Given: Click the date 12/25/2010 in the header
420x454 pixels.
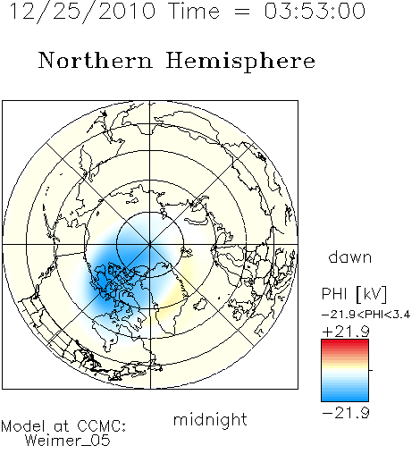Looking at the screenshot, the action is pyautogui.click(x=82, y=12).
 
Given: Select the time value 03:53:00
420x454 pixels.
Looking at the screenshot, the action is pyautogui.click(x=315, y=12).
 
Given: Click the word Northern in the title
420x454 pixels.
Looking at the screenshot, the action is pyautogui.click(x=96, y=61).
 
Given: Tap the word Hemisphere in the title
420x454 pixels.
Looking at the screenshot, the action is pyautogui.click(x=240, y=62).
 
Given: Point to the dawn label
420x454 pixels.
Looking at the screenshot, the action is pyautogui.click(x=350, y=256).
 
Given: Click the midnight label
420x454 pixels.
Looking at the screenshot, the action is pyautogui.click(x=210, y=419).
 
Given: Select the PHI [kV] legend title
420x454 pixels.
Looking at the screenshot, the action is pyautogui.click(x=354, y=294).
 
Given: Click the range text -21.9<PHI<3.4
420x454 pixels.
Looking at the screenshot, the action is pyautogui.click(x=366, y=315).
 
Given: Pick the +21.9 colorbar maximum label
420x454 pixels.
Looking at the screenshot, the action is pyautogui.click(x=346, y=332).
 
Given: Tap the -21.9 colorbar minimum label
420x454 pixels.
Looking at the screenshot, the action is pyautogui.click(x=346, y=413).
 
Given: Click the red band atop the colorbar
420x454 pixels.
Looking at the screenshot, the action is pyautogui.click(x=345, y=343).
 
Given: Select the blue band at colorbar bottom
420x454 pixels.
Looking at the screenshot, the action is pyautogui.click(x=345, y=397).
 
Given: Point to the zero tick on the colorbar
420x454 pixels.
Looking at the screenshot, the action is pyautogui.click(x=371, y=370).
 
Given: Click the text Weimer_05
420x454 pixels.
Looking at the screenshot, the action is pyautogui.click(x=68, y=441).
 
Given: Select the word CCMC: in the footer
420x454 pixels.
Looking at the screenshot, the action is pyautogui.click(x=102, y=426).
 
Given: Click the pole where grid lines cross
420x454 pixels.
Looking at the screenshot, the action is pyautogui.click(x=150, y=245).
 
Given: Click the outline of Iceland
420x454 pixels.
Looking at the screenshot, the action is pyautogui.click(x=200, y=305).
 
